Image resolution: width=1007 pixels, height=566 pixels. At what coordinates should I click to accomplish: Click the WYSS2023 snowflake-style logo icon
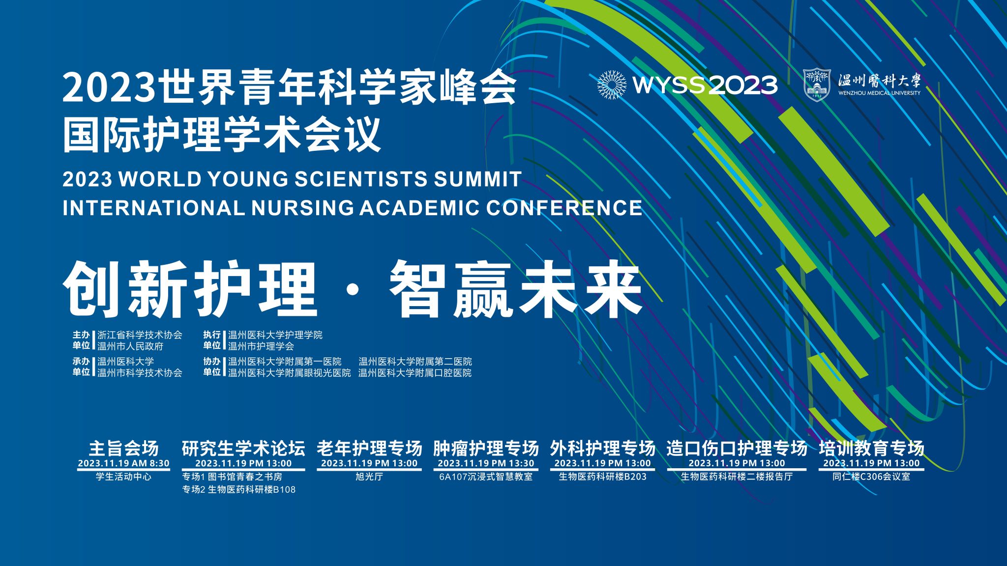(x=611, y=85)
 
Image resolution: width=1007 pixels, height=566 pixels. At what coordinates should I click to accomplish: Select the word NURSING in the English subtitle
(x=302, y=208)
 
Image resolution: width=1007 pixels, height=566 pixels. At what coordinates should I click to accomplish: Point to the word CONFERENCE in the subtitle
(x=564, y=208)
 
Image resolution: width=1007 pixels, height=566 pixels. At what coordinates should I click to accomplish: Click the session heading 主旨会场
(x=123, y=448)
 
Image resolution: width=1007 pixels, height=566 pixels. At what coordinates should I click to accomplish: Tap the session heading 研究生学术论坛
(x=243, y=448)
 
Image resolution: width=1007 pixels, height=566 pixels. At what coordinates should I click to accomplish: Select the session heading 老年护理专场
(x=369, y=448)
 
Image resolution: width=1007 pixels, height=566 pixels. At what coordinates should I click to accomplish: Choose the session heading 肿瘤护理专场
(x=486, y=448)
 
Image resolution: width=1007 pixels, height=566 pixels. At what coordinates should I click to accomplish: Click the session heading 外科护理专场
(x=603, y=448)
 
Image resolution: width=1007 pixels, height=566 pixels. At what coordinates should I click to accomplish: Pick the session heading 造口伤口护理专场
(x=737, y=448)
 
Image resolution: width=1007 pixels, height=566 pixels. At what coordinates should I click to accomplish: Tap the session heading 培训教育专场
(x=871, y=448)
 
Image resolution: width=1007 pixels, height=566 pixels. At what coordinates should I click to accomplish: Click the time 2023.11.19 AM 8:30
(x=123, y=463)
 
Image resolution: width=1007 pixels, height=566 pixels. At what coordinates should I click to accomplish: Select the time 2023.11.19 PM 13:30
(x=486, y=463)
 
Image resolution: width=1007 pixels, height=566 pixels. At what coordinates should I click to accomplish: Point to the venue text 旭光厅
(x=369, y=477)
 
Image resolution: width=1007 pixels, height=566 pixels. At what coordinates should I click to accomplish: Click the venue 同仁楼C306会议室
(x=871, y=477)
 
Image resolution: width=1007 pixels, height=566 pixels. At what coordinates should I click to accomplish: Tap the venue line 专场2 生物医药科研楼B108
(x=239, y=490)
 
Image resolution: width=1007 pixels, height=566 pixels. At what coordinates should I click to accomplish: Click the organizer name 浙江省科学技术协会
(x=140, y=335)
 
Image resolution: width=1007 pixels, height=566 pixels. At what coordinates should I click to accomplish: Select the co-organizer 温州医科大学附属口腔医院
(x=415, y=373)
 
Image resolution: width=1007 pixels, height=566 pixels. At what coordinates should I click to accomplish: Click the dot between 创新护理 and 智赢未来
(x=353, y=291)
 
